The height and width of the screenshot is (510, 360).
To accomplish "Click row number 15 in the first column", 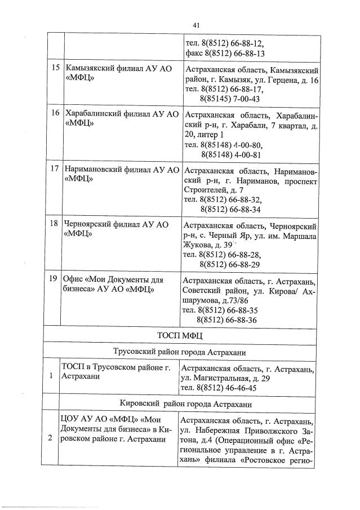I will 55,68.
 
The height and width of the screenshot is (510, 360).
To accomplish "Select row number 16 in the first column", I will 55,113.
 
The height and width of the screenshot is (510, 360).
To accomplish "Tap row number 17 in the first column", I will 55,168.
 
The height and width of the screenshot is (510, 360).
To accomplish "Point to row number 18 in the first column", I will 55,224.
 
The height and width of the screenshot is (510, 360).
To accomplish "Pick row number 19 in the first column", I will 55,279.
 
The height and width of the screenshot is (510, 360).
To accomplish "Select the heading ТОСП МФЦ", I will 180,336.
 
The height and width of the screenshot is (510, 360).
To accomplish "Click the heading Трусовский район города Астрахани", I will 180,353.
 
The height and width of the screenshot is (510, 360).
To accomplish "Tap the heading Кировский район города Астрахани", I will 180,405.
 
